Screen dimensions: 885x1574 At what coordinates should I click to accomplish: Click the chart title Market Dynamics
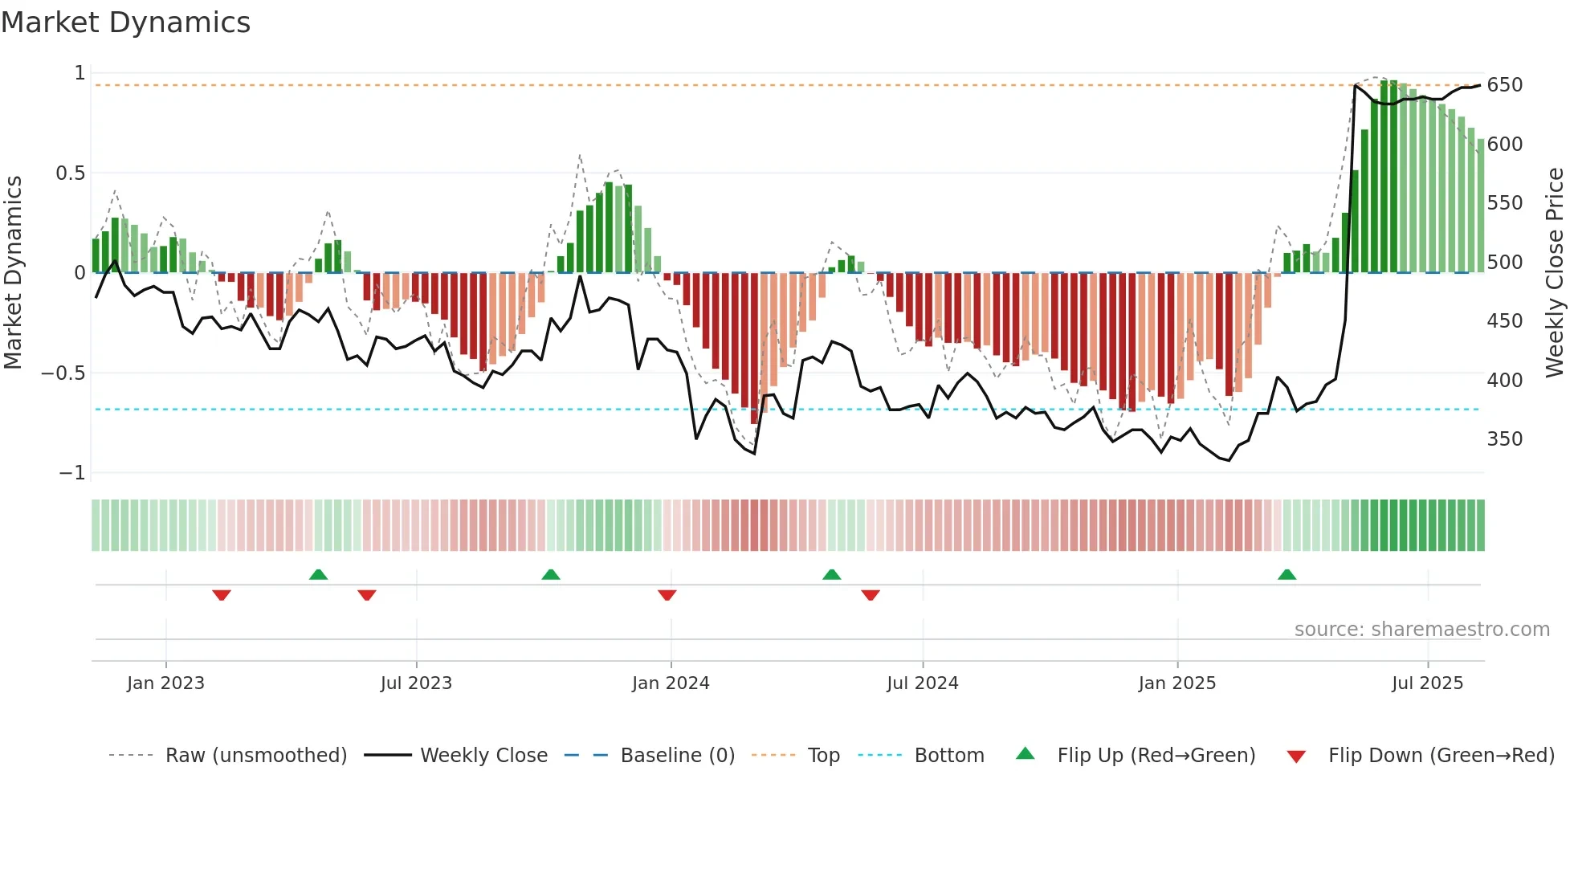[126, 22]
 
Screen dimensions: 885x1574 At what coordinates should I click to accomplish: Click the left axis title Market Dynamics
[13, 272]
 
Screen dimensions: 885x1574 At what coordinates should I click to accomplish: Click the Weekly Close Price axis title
[1555, 272]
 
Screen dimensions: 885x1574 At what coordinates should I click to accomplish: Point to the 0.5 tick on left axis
[70, 173]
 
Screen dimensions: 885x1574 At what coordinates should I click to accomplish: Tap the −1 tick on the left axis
[71, 473]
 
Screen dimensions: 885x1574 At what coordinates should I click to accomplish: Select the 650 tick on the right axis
[1504, 85]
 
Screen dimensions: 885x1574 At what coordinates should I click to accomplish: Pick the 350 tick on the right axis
[1504, 439]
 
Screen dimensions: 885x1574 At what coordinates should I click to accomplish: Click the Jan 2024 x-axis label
[671, 683]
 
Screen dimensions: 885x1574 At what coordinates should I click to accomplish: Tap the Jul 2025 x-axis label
[1427, 683]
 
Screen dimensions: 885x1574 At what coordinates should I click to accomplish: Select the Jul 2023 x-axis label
[416, 683]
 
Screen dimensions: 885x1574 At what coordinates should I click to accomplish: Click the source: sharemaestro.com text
[1421, 630]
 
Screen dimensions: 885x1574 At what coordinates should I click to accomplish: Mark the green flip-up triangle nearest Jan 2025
[1287, 575]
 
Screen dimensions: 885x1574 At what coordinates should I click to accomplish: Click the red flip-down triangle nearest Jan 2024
[667, 595]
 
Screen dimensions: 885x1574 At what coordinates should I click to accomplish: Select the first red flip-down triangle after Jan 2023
[222, 595]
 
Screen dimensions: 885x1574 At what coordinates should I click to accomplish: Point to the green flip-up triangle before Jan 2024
[550, 575]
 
